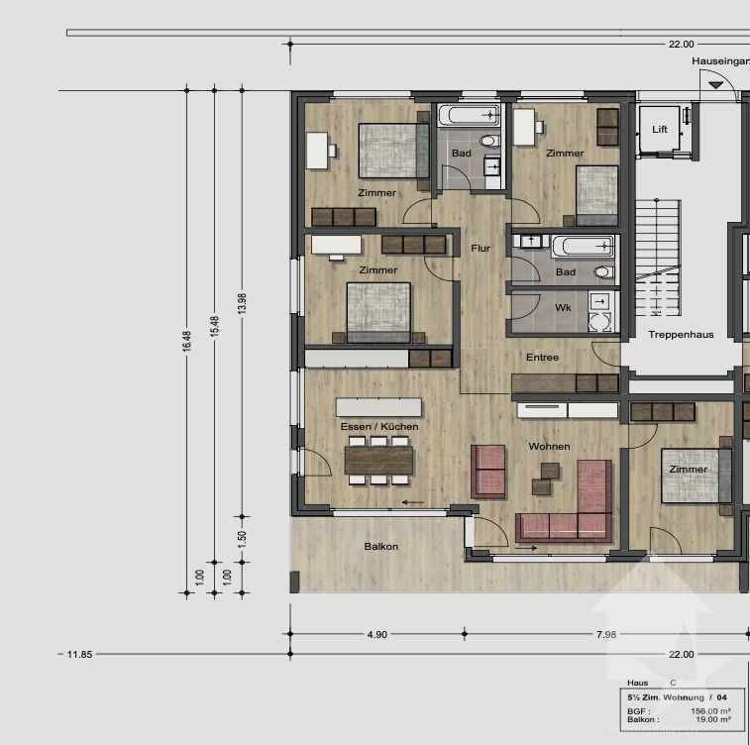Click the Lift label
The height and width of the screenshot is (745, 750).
tap(660, 130)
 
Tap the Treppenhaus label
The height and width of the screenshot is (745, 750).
tap(681, 335)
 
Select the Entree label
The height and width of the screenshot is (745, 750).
tap(542, 358)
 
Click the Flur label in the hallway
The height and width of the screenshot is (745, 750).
tap(481, 249)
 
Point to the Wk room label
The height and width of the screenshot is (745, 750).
tap(563, 308)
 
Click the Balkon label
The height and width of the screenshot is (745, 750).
tap(381, 546)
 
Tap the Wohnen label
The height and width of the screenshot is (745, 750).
tap(549, 447)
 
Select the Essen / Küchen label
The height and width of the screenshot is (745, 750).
tap(379, 426)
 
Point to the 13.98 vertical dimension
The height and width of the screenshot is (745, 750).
tap(242, 304)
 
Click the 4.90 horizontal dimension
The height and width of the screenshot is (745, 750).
tap(376, 634)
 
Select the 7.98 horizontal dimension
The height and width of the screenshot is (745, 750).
tap(605, 634)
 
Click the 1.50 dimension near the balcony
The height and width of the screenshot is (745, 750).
tap(242, 541)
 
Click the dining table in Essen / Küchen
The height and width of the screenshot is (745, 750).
tap(378, 460)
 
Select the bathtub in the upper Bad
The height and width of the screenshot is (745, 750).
tap(468, 115)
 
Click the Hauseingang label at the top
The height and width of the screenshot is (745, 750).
tap(720, 61)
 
